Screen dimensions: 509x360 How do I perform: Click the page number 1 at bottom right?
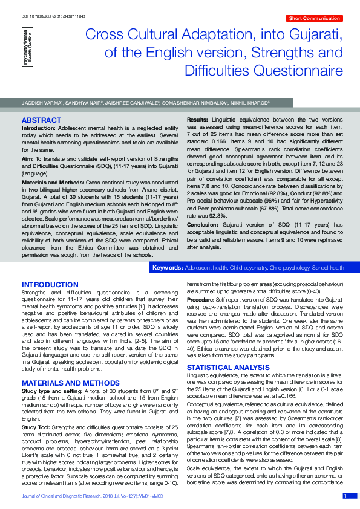click(345, 496)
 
